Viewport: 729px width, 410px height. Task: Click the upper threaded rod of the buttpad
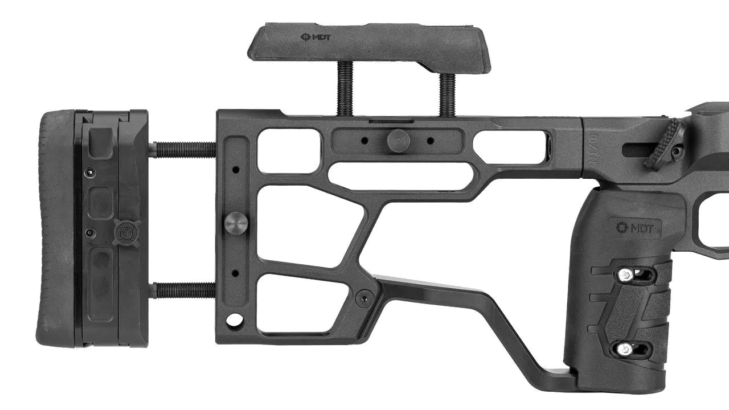pos(182,150)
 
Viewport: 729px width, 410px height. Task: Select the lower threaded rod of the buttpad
pos(182,290)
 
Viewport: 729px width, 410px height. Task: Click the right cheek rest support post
pos(448,94)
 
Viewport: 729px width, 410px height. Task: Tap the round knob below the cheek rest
pos(399,140)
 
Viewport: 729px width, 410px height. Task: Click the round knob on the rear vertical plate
pos(236,222)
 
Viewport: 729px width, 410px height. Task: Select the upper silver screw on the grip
pos(625,275)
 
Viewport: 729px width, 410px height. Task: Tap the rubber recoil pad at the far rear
pos(56,228)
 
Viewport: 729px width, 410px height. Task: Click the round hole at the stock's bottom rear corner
pos(234,320)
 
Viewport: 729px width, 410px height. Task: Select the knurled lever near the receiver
pos(665,144)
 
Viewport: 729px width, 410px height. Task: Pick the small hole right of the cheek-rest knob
pos(430,140)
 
